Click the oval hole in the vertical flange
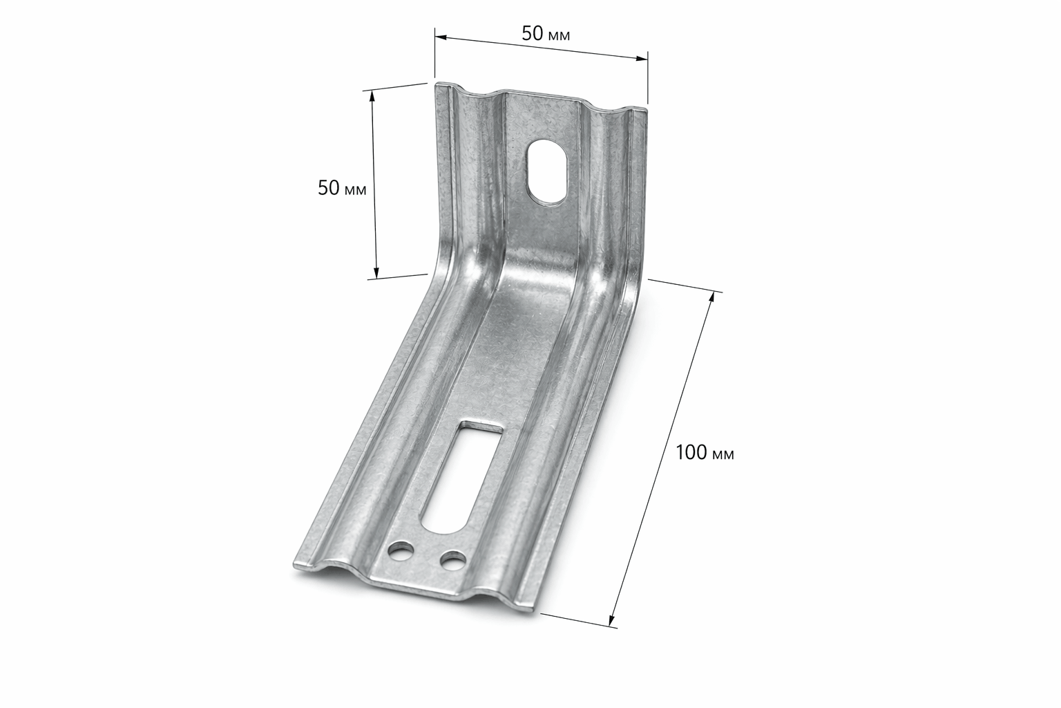coord(547,172)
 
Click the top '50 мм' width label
coord(546,34)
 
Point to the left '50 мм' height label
coord(342,188)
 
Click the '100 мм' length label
coord(705,453)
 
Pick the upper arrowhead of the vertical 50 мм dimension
coord(372,96)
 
